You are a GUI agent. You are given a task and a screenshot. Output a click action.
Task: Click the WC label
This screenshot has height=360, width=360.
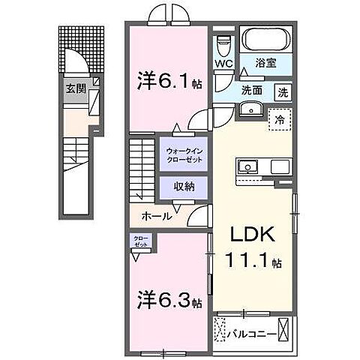[223, 63]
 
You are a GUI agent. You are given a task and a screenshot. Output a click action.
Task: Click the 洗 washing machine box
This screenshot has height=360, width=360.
[283, 92]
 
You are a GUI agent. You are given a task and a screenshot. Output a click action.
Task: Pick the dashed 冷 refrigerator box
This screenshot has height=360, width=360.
[278, 118]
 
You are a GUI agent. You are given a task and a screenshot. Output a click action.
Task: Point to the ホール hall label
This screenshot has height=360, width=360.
[157, 217]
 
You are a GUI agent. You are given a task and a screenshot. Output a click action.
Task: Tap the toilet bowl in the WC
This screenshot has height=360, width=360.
[223, 44]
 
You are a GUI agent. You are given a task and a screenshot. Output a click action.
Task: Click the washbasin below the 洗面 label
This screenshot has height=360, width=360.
[248, 110]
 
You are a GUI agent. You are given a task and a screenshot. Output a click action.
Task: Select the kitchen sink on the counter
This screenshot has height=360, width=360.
[247, 166]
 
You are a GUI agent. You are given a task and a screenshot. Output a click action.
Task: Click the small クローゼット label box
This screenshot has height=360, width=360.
[140, 241]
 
